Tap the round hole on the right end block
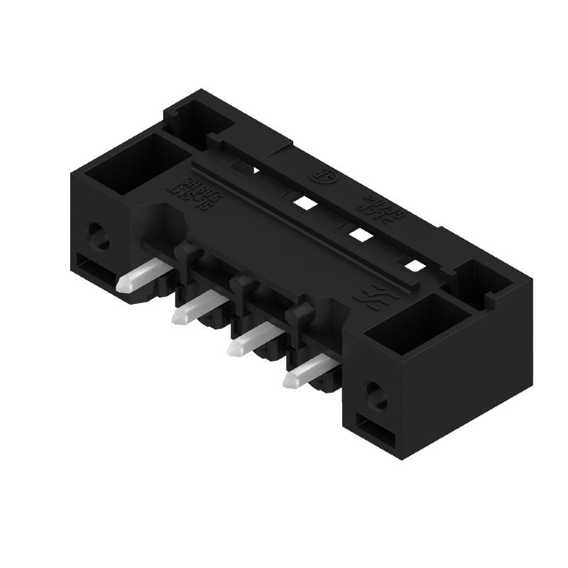pyautogui.click(x=375, y=395)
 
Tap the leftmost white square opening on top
pyautogui.click(x=305, y=203)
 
